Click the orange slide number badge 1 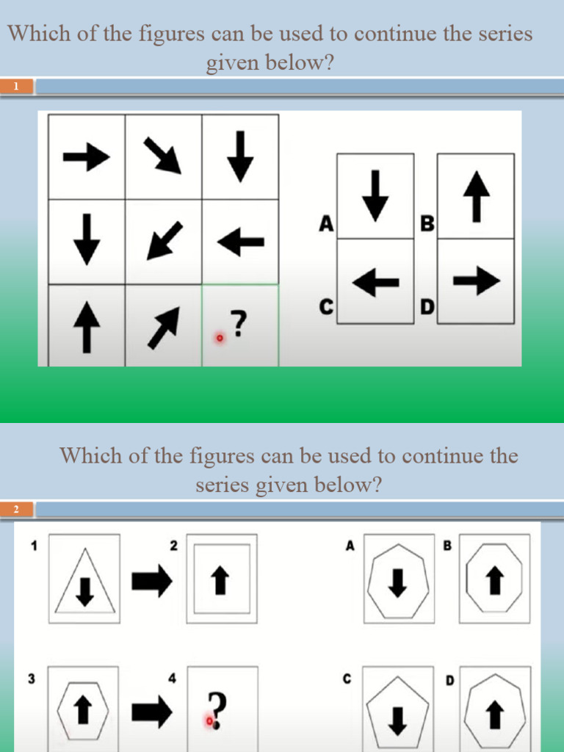point(16,87)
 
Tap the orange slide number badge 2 point(16,509)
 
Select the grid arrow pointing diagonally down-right point(162,155)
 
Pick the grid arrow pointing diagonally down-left point(162,240)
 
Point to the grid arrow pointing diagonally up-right point(163,327)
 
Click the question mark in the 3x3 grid point(237,323)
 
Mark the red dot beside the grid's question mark point(219,338)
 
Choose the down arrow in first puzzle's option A point(375,195)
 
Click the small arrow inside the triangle point(85,590)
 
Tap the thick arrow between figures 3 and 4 point(151,710)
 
